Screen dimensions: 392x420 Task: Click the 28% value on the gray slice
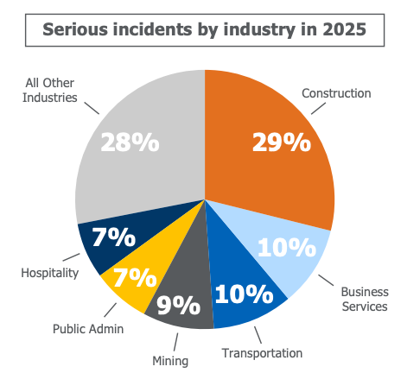(x=130, y=142)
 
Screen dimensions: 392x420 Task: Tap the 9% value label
(x=179, y=305)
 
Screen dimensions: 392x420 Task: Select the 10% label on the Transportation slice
(x=244, y=294)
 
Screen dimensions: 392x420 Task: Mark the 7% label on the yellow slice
(x=135, y=278)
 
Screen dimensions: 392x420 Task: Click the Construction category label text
(x=335, y=92)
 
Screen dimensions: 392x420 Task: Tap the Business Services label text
(x=364, y=299)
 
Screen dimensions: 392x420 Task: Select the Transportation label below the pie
(x=262, y=353)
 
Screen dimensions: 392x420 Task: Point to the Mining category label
(x=169, y=361)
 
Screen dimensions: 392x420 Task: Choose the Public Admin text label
(x=88, y=328)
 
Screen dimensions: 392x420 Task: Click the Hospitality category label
(x=49, y=273)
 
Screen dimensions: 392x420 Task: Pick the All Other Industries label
(x=50, y=90)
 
